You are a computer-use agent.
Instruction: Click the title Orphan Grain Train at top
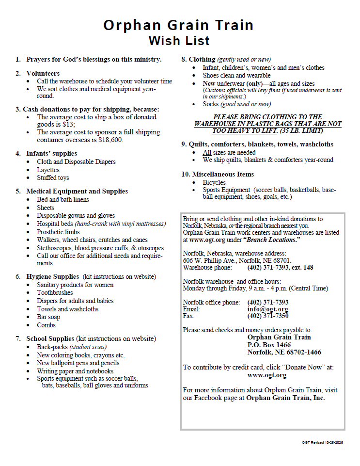tap(178, 25)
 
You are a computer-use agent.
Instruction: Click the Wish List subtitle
tap(179, 40)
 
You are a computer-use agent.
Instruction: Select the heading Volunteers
tap(43, 73)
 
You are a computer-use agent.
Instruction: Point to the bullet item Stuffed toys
tap(53, 178)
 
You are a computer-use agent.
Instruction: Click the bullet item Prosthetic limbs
tap(58, 232)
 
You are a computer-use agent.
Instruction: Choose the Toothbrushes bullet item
tap(55, 293)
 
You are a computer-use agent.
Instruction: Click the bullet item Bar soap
tap(48, 317)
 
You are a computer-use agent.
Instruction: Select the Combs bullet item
tap(47, 325)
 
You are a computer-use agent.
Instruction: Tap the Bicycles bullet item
tap(214, 182)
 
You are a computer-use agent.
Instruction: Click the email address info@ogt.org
tap(267, 309)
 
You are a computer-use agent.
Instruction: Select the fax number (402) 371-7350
tap(267, 316)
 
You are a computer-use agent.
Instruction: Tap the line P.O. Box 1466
tap(269, 345)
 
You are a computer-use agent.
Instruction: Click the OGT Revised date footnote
tap(322, 443)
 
